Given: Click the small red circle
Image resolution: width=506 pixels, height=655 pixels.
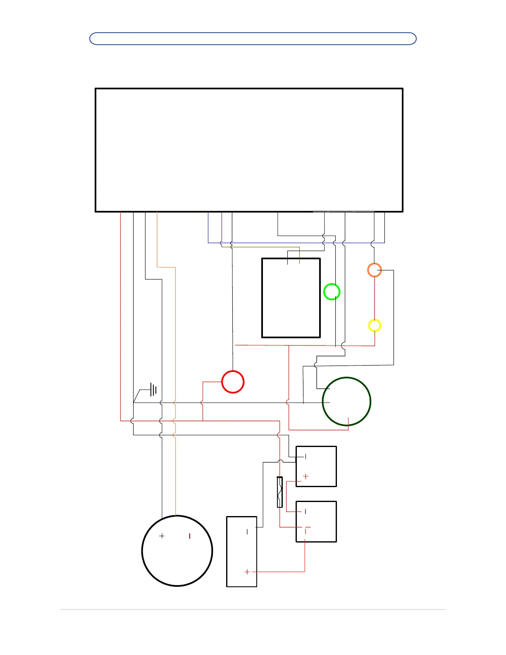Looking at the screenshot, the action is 233,382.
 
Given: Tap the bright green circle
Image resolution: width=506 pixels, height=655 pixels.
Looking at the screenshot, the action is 332,292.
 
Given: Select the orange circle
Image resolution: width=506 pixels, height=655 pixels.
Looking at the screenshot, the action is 375,270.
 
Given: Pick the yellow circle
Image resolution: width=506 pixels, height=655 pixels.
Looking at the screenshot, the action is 375,325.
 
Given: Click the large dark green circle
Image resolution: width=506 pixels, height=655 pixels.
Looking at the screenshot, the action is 346,401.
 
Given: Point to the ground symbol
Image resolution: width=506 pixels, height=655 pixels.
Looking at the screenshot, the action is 153,390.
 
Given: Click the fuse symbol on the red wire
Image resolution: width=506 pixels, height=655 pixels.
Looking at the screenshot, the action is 280,492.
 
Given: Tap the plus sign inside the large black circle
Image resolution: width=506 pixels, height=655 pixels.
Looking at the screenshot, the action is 162,536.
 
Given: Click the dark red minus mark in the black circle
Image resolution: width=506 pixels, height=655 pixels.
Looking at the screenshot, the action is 190,536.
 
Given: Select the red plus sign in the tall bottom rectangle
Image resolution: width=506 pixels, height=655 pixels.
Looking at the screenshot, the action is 247,572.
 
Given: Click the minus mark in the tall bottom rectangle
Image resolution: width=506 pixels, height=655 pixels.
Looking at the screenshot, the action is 247,532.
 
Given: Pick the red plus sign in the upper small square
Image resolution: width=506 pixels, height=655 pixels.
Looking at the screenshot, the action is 306,476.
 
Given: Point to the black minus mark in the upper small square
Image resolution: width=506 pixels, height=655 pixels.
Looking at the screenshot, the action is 306,457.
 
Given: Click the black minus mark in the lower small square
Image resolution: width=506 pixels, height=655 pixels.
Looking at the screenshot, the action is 306,512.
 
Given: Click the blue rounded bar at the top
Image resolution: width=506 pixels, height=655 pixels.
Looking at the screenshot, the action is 253,38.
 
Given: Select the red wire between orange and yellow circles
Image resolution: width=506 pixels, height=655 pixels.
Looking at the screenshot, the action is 375,298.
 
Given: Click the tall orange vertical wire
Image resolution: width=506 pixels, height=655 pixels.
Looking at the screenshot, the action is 176,351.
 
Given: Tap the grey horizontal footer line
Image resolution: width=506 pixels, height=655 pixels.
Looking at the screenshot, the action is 253,610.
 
